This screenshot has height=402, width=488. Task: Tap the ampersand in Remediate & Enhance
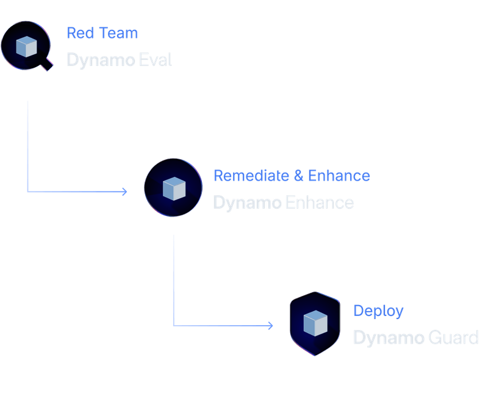tap(298, 176)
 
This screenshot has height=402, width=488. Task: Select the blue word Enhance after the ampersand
tap(339, 176)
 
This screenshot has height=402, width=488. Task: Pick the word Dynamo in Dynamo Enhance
tap(246, 203)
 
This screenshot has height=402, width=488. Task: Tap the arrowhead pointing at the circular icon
tap(125, 192)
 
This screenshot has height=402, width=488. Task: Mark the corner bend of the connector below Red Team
tap(27, 192)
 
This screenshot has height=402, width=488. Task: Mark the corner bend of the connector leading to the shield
tap(173, 326)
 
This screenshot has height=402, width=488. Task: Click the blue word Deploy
tap(378, 311)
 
